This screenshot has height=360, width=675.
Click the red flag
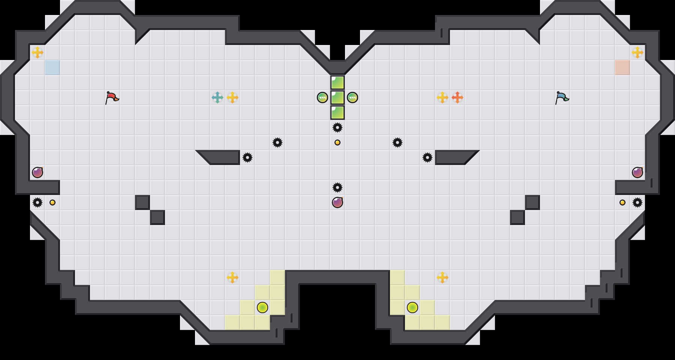(112, 97)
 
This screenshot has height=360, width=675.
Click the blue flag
(562, 97)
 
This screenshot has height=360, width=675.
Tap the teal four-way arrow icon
(217, 97)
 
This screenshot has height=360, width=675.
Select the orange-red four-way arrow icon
(457, 97)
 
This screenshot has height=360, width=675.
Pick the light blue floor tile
(52, 67)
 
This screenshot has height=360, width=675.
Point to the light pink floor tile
(622, 67)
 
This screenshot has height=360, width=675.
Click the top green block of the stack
(337, 82)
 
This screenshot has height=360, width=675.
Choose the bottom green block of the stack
(337, 112)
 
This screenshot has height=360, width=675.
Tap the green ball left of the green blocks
(322, 97)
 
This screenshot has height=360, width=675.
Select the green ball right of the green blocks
(352, 97)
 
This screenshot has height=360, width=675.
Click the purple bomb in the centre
(337, 202)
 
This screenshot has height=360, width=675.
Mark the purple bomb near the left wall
(37, 172)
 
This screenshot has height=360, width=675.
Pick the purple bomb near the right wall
(637, 172)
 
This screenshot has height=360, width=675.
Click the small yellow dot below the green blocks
(337, 142)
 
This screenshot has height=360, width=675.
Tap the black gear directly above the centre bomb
(337, 187)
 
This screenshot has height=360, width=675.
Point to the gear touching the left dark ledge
(247, 157)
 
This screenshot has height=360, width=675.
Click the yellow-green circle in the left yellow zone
(262, 307)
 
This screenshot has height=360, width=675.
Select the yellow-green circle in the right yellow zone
(412, 307)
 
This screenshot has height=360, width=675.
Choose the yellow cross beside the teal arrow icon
(232, 97)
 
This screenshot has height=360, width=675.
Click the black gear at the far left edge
(37, 202)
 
